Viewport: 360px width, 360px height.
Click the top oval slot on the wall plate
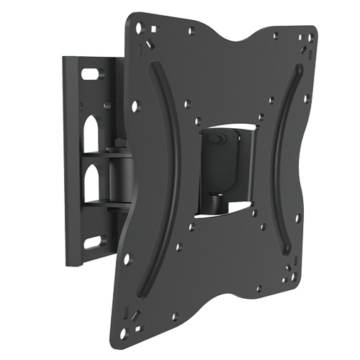pos(92,73)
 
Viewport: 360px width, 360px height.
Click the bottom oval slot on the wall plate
pos(94,240)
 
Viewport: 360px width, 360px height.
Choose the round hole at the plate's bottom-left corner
pos(127,333)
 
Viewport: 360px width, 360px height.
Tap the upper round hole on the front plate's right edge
pos(306,99)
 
